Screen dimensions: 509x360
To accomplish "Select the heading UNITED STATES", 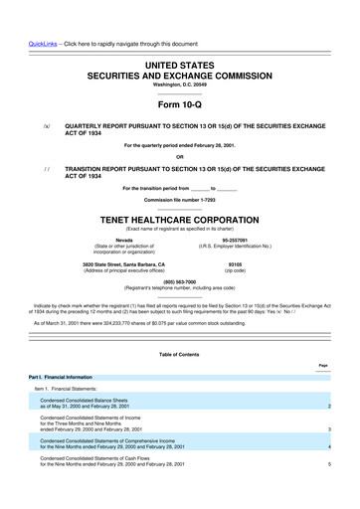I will click(x=179, y=64).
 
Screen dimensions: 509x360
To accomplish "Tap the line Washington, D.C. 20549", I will click(x=179, y=85).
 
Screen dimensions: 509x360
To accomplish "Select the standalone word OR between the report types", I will click(x=179, y=156).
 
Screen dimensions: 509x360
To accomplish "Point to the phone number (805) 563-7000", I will click(x=179, y=280).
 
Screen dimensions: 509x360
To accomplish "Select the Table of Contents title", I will click(x=179, y=355).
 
